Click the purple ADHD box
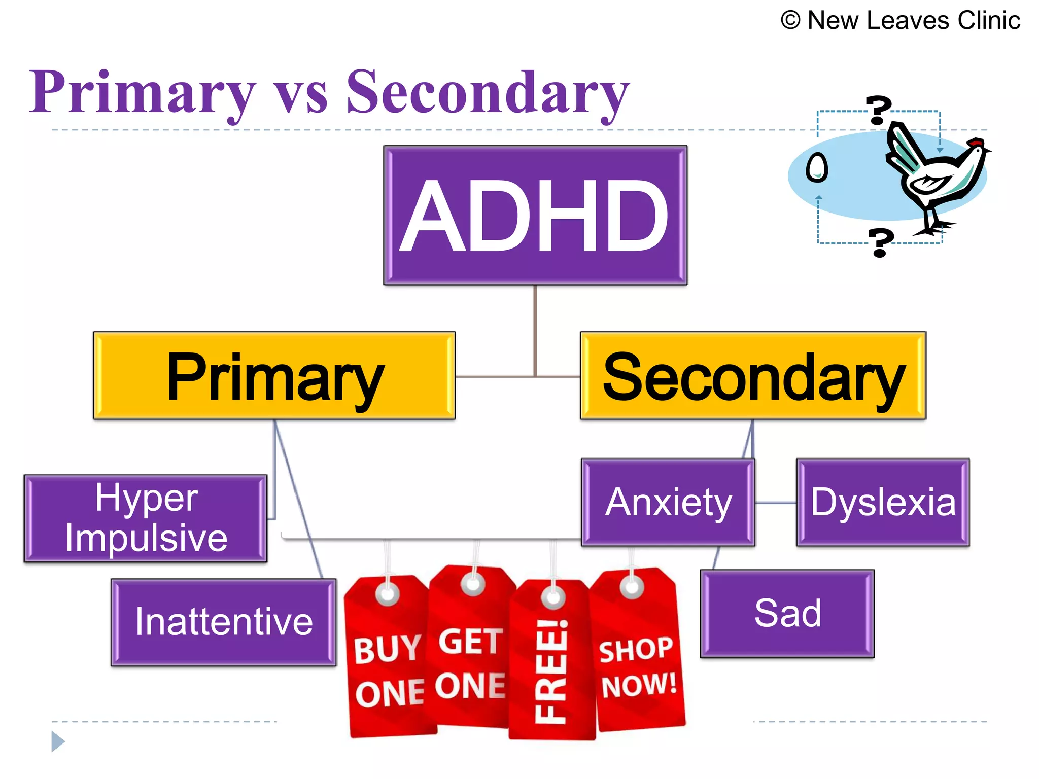click(x=535, y=215)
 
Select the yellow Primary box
click(x=274, y=376)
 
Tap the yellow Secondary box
click(x=753, y=376)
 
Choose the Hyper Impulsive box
click(x=146, y=518)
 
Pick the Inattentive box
click(x=223, y=622)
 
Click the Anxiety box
click(x=668, y=502)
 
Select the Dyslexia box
click(x=883, y=502)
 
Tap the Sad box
click(x=787, y=613)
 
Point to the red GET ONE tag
click(x=471, y=654)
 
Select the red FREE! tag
click(x=552, y=664)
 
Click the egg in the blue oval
click(x=817, y=167)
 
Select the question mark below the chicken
click(x=881, y=242)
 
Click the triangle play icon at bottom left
click(x=57, y=741)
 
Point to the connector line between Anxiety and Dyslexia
click(x=776, y=503)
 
